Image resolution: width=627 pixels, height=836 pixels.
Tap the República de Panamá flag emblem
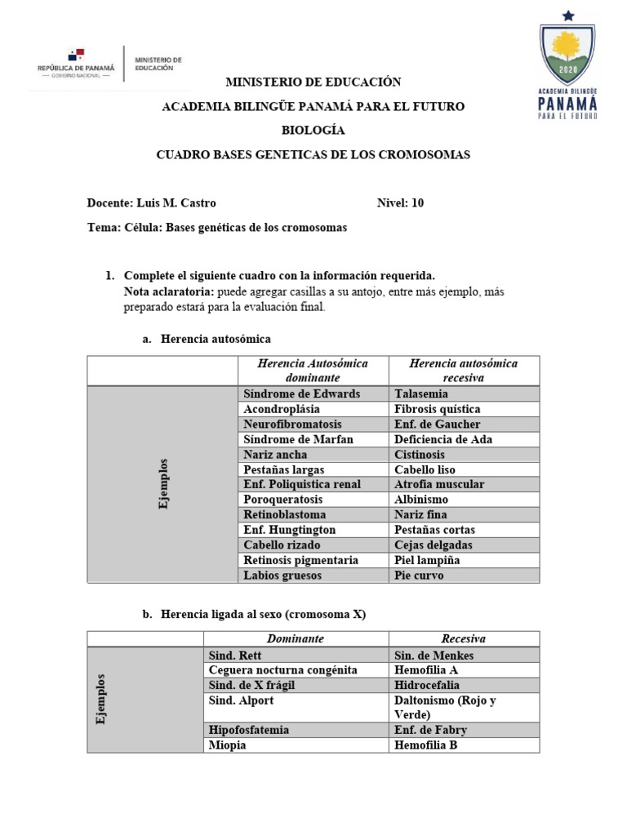coord(76,56)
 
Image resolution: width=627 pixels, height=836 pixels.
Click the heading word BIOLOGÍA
coord(313,131)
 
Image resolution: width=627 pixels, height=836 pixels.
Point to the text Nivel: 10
coord(400,203)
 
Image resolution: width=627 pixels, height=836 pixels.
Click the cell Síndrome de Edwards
coord(301,394)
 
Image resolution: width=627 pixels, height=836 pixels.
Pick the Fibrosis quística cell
coord(437,409)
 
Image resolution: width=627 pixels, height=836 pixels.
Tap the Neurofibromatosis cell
coord(292,424)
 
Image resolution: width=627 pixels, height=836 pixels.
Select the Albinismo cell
coord(421,499)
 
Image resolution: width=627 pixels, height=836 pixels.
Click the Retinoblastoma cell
coord(284,514)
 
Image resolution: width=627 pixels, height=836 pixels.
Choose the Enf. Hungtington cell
coord(289,530)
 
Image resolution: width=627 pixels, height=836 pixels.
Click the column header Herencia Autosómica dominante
coord(313,371)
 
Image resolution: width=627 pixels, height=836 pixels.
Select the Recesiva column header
coord(463,639)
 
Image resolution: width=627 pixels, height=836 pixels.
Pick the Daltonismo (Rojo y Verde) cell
coord(445,707)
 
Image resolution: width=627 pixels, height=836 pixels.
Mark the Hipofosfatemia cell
coord(249,730)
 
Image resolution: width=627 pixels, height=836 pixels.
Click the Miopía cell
coord(227,745)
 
